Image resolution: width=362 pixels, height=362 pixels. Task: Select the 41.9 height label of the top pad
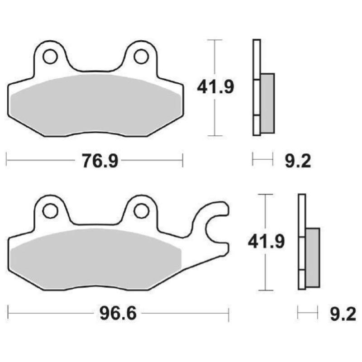point(215,87)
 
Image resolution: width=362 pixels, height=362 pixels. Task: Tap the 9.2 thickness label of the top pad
point(298,161)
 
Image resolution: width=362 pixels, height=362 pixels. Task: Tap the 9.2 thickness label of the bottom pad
point(343,313)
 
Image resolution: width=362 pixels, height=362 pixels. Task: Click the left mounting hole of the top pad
point(50,57)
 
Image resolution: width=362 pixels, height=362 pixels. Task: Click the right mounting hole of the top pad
point(141,57)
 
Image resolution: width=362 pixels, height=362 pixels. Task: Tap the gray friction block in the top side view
point(267,103)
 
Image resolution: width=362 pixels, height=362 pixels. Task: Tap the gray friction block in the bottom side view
point(313,257)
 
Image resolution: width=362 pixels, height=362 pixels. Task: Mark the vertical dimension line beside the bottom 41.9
point(266,276)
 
